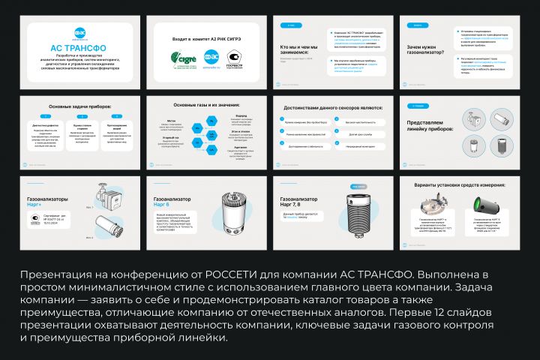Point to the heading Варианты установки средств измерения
(x=459, y=184)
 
